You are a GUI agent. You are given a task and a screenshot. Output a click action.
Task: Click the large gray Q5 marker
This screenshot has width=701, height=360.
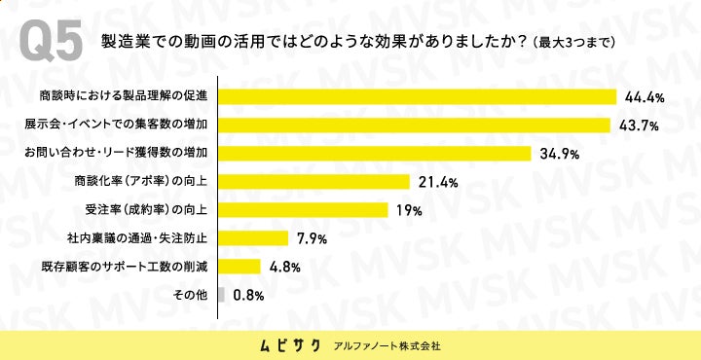click(51, 42)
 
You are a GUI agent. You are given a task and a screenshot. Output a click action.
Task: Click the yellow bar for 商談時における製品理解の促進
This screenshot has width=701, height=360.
click(418, 97)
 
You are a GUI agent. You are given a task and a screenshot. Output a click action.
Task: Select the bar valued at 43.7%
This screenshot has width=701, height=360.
click(415, 126)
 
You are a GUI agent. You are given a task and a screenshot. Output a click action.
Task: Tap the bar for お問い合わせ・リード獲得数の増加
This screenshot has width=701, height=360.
click(375, 154)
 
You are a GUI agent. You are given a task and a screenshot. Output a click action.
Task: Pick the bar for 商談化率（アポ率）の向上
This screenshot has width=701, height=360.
click(314, 182)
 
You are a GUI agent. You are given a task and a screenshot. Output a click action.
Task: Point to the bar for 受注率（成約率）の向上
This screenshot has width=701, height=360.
click(303, 210)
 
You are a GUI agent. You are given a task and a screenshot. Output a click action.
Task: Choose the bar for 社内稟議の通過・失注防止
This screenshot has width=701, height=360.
click(253, 238)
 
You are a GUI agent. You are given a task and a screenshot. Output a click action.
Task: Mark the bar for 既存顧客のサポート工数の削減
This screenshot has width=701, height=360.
click(240, 267)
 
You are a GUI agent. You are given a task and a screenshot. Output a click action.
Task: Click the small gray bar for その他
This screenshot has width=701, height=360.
click(222, 295)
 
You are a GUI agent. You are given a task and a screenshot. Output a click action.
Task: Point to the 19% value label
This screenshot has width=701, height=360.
click(409, 210)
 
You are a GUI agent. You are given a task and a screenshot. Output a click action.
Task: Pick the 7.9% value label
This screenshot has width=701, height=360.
click(313, 238)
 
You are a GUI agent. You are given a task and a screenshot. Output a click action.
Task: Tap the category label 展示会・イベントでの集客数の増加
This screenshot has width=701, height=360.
click(116, 126)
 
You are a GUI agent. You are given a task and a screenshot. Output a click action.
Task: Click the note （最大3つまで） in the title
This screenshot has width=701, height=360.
click(574, 43)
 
